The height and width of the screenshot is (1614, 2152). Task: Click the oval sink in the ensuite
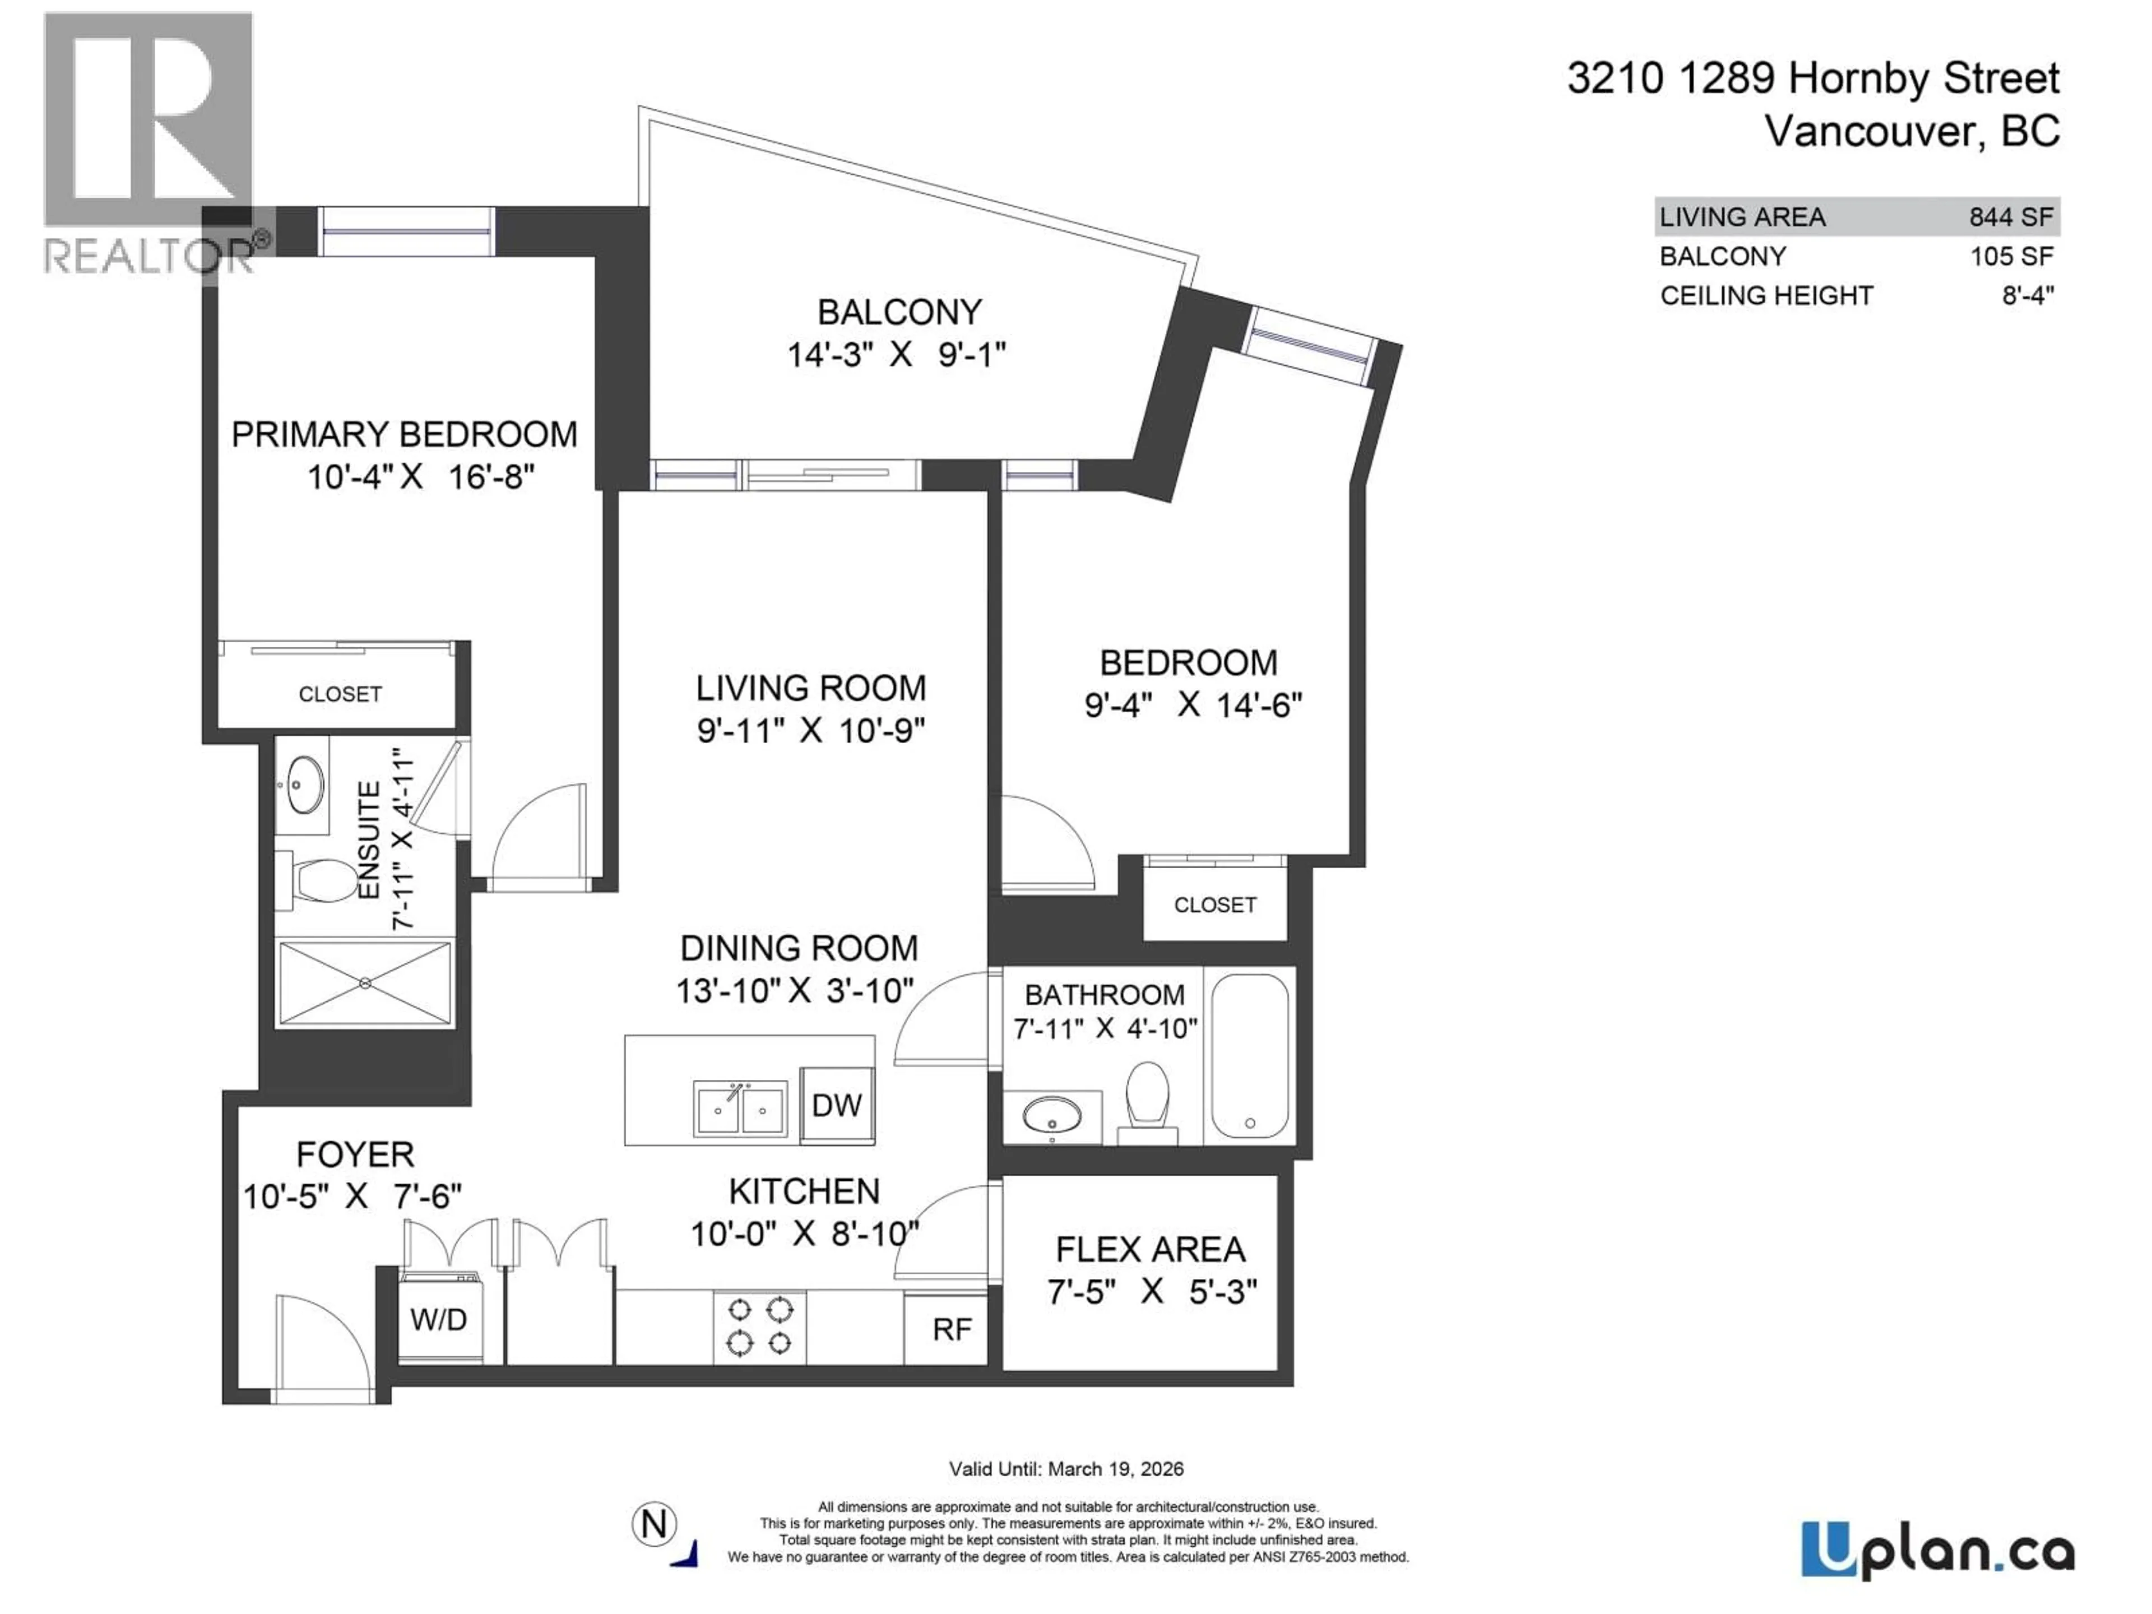tap(304, 784)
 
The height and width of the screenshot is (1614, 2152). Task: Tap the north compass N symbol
tap(655, 1524)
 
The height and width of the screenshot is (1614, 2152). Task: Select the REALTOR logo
tap(149, 146)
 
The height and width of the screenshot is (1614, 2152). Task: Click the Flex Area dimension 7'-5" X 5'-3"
tap(1151, 1291)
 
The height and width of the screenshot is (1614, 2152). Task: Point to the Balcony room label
tap(899, 312)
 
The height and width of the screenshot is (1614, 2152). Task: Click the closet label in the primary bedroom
tap(340, 694)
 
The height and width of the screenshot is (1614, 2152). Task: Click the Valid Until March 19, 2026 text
tap(1066, 1469)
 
